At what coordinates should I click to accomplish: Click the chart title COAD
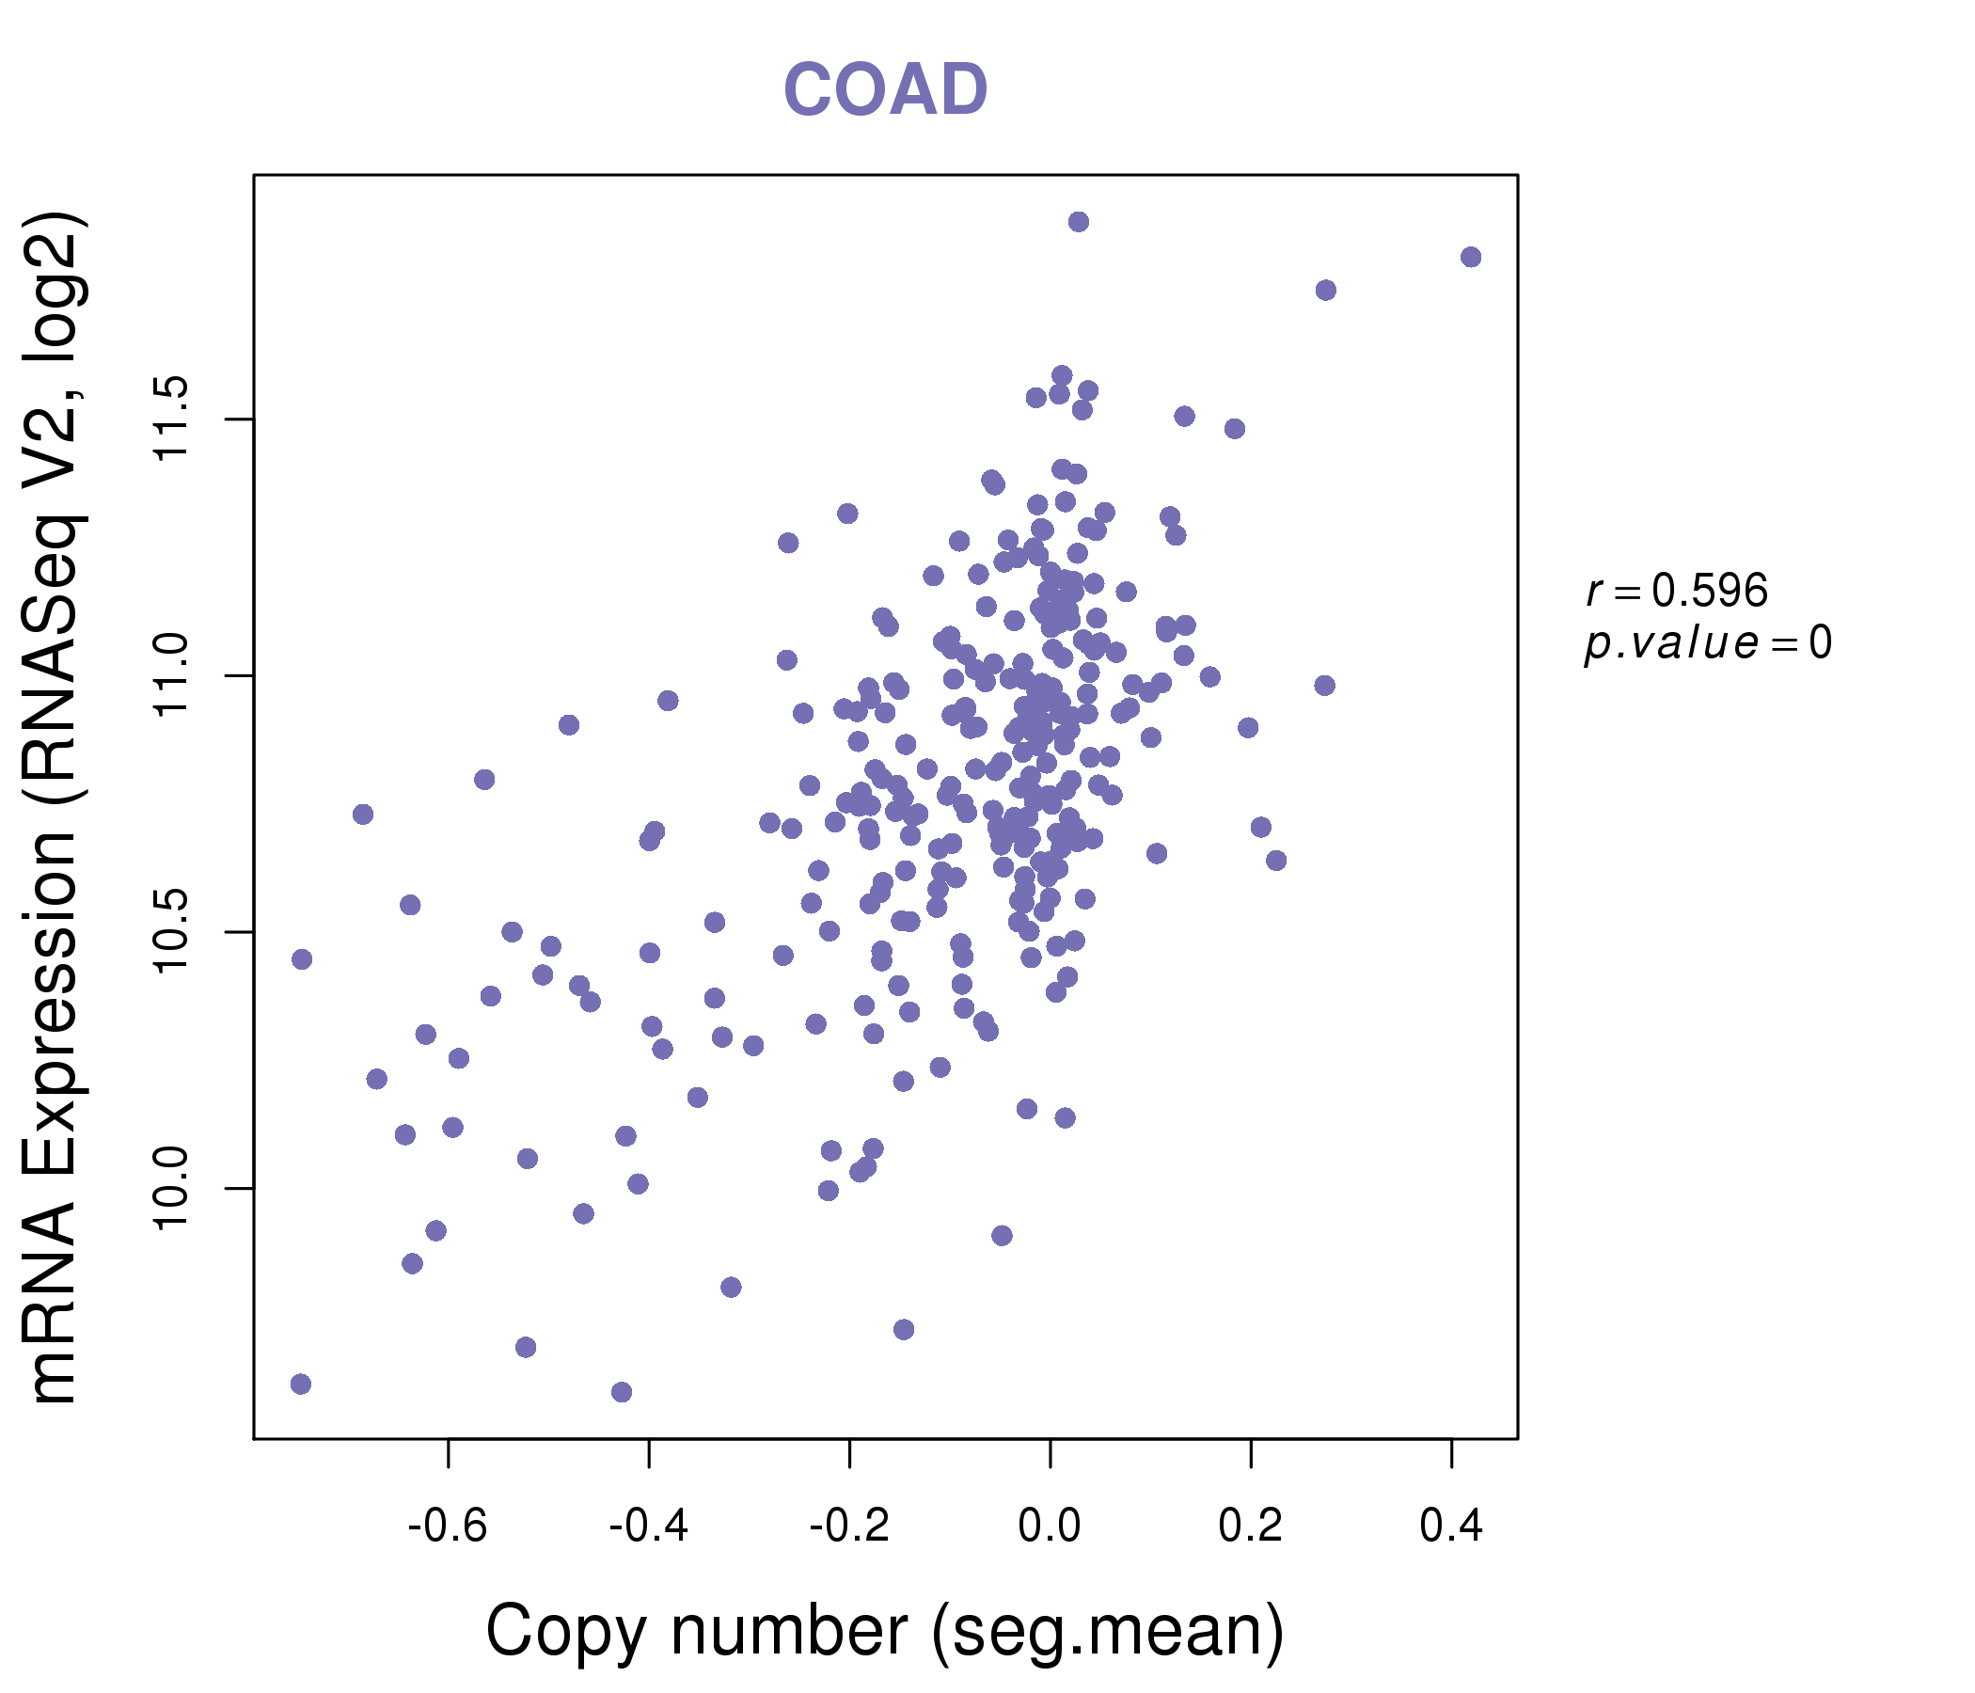point(885,90)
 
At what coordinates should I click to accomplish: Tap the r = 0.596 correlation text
point(1677,591)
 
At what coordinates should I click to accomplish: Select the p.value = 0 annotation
point(1708,643)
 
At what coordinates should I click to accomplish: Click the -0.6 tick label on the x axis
point(447,1527)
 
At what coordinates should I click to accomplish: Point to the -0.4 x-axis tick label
point(648,1527)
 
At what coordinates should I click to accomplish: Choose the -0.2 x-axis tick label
point(849,1527)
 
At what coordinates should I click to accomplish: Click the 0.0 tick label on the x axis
point(1050,1527)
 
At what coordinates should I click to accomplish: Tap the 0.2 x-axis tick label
point(1251,1527)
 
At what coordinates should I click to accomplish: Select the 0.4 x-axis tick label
point(1451,1527)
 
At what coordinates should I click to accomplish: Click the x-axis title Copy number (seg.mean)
point(885,1631)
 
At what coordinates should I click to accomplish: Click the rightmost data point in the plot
point(1471,257)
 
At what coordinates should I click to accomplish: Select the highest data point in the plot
point(1078,222)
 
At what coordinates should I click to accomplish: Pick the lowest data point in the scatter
point(622,1392)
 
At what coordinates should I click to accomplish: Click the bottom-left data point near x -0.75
point(301,1384)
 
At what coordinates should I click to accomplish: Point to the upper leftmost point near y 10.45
point(302,958)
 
